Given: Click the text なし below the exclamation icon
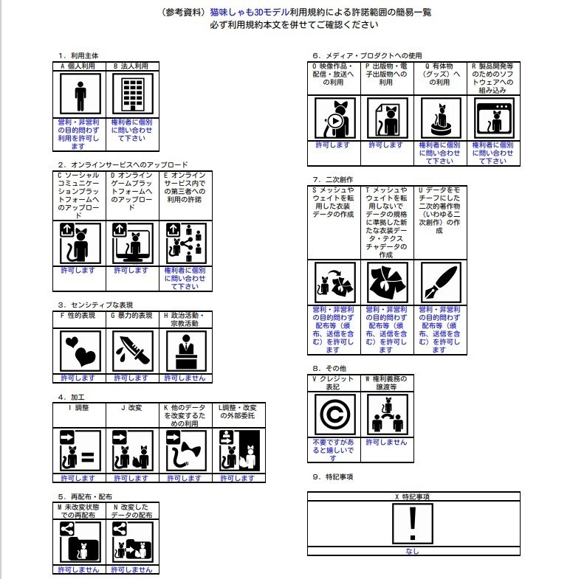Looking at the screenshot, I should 413,551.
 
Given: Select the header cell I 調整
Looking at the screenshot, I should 80,406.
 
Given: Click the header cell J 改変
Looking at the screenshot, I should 133,406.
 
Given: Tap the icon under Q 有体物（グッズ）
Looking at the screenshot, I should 441,118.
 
